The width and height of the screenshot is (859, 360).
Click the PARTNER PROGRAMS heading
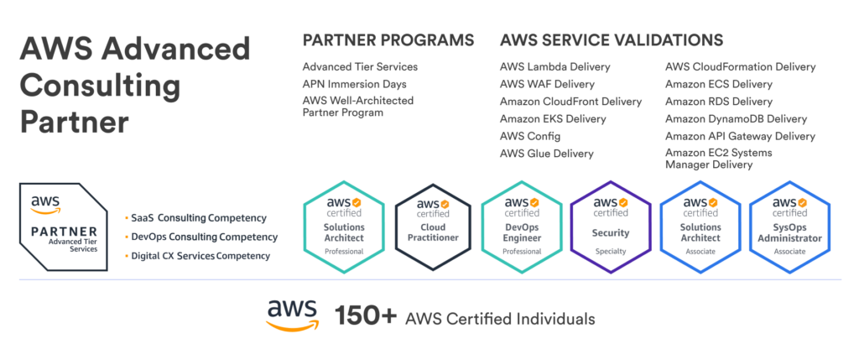click(x=388, y=40)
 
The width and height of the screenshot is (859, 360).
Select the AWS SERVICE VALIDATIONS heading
click(x=611, y=40)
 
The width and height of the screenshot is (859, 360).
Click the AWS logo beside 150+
click(x=292, y=316)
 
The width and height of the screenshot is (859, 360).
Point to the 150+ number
click(x=365, y=317)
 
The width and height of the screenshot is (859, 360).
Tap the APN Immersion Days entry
click(x=355, y=84)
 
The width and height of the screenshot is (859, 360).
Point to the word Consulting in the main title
click(x=100, y=86)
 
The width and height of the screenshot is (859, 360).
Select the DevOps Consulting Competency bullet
click(x=202, y=237)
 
